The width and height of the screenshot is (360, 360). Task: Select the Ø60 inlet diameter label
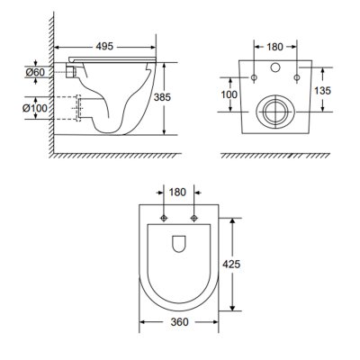point(38,71)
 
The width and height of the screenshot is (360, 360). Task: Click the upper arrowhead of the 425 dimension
point(236,219)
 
